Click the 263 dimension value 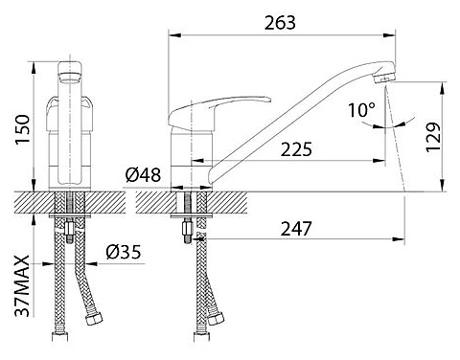tap(280, 23)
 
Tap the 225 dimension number tap(296, 149)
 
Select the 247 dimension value tap(296, 228)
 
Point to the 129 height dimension tap(433, 137)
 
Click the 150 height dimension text tap(23, 129)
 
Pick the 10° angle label tap(361, 109)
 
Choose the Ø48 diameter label tap(143, 175)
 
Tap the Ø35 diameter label tap(124, 252)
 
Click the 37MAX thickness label tap(23, 285)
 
